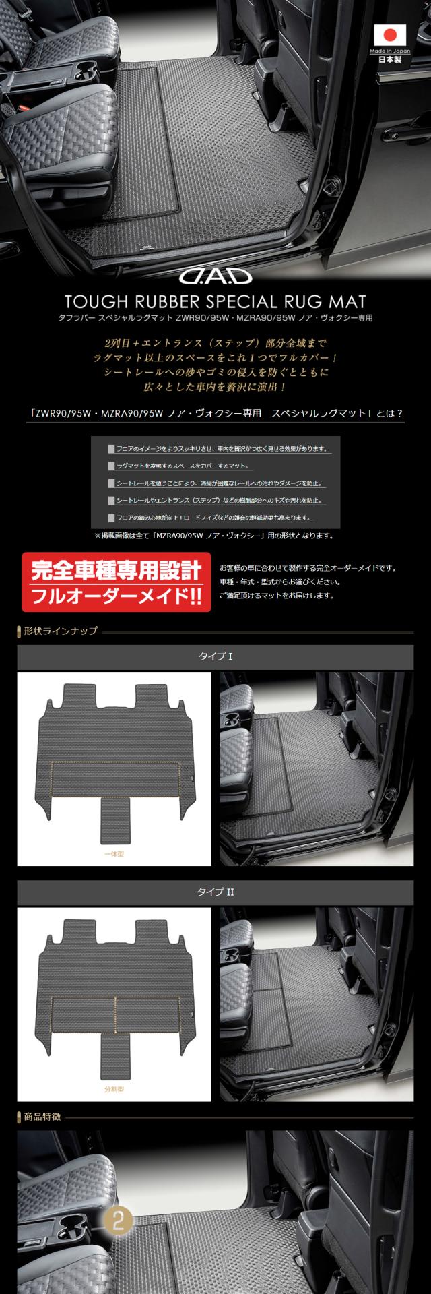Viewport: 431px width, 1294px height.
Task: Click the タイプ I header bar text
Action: (215, 656)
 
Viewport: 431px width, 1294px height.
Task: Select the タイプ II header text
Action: (215, 892)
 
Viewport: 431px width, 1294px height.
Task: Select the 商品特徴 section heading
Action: (42, 1116)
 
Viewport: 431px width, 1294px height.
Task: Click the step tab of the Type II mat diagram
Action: (114, 1055)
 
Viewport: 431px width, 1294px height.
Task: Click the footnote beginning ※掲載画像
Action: (213, 536)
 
